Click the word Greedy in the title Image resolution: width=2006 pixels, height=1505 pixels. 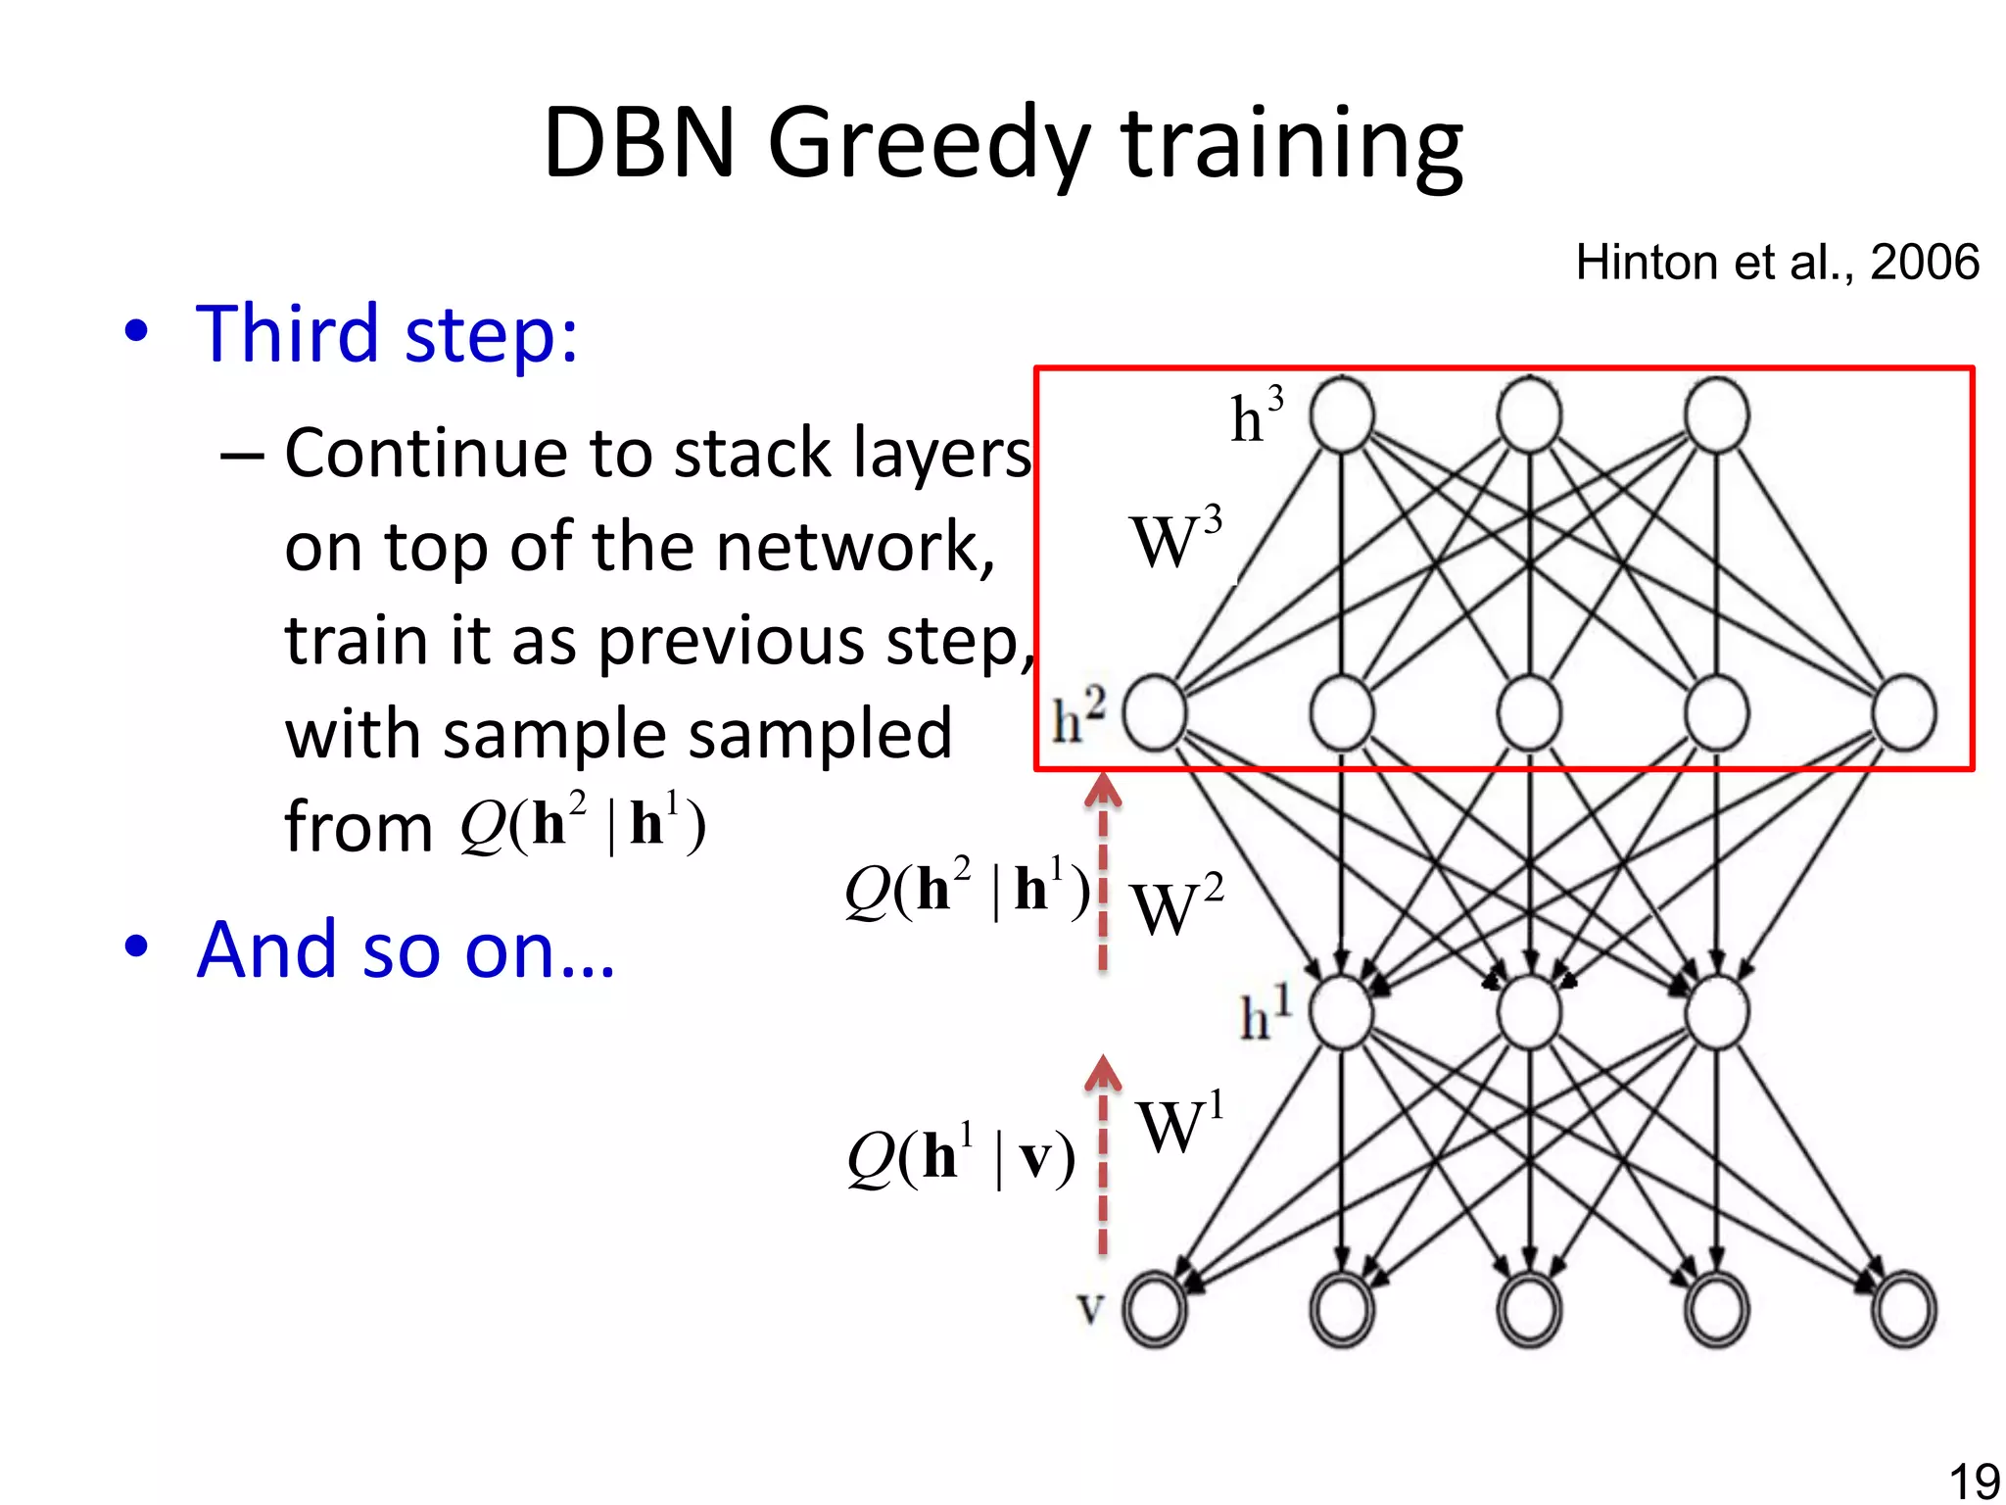tap(929, 145)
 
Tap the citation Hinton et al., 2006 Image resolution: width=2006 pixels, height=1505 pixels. tap(1777, 263)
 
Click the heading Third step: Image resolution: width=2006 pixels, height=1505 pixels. tap(387, 334)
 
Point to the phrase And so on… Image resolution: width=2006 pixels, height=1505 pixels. tap(406, 949)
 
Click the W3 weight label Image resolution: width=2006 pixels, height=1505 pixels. tap(1175, 539)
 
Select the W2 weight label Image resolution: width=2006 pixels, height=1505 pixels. tap(1175, 906)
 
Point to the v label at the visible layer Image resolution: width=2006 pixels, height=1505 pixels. tap(1090, 1308)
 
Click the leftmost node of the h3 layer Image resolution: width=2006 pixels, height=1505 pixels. tap(1342, 415)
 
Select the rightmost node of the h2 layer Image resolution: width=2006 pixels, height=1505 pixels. tap(1903, 713)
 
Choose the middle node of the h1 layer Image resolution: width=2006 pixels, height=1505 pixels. tap(1529, 1012)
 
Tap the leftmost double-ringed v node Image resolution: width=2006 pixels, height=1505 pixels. tap(1155, 1309)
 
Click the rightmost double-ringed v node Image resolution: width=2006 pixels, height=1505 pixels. tap(1903, 1309)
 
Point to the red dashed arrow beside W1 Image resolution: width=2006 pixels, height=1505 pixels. tap(1103, 1156)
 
